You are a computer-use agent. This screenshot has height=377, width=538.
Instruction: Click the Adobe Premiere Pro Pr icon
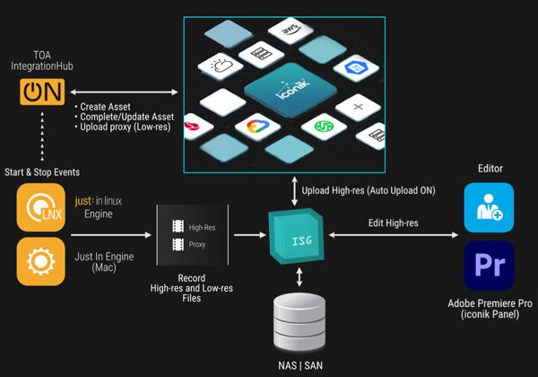[489, 266]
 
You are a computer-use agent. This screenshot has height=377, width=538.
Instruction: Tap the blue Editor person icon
[489, 207]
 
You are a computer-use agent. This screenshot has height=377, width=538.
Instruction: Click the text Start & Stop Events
[43, 171]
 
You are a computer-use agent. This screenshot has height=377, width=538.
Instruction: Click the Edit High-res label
[396, 222]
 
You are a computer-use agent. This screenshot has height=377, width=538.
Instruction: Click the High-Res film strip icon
[178, 228]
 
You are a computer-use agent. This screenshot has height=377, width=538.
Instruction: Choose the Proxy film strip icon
[178, 243]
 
